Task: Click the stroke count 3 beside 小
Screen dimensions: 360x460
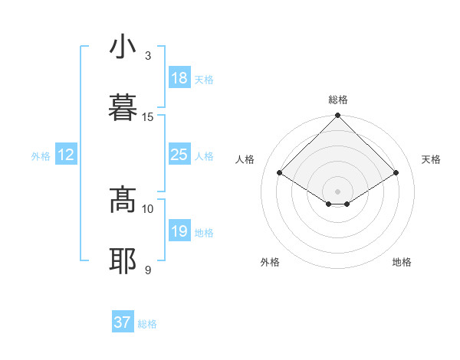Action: click(148, 56)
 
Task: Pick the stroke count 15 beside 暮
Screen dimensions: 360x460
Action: click(148, 116)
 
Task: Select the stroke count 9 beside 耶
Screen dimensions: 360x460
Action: click(148, 270)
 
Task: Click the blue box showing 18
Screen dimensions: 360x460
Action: click(179, 78)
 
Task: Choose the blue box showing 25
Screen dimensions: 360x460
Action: click(179, 155)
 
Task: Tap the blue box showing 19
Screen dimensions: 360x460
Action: click(179, 231)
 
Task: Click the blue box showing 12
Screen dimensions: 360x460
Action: click(66, 155)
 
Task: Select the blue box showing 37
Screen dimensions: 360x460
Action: click(123, 323)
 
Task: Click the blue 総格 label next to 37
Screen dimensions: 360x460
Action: click(147, 324)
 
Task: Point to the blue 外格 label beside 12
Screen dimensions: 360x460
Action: click(41, 155)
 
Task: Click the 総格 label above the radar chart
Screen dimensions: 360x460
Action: click(338, 100)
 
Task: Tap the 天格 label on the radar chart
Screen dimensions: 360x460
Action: click(432, 159)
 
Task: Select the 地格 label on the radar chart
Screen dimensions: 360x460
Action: click(402, 262)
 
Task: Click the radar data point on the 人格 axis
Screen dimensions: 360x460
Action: click(280, 172)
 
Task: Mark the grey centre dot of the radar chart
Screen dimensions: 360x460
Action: click(338, 191)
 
